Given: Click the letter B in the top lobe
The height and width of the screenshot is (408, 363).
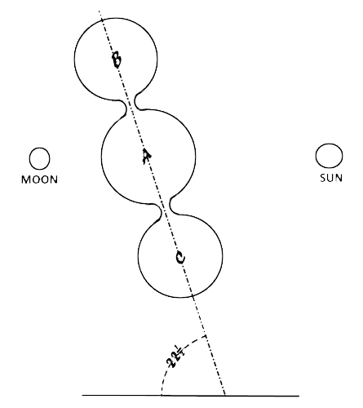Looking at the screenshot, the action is (x=117, y=60).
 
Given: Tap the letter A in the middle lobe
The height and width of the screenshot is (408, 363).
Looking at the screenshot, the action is (x=147, y=157).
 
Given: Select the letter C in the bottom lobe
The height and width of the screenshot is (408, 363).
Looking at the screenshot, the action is (x=180, y=258).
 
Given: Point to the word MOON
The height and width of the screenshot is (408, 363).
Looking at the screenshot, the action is (x=40, y=180).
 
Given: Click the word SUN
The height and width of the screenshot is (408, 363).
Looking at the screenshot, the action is (x=331, y=178).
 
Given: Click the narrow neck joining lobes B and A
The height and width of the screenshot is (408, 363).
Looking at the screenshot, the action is (x=131, y=104).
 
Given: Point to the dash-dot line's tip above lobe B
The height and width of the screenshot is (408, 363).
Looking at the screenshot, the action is (x=99, y=11).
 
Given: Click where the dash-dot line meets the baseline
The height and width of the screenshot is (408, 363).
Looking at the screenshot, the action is (x=225, y=395).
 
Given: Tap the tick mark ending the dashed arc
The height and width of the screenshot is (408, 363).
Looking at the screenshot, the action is (x=205, y=337).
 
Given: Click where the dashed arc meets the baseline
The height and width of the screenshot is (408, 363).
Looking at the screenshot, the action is (x=162, y=395).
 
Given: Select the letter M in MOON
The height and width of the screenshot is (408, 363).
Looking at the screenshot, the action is (x=25, y=180).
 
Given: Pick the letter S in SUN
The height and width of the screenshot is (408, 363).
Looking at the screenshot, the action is (x=323, y=178).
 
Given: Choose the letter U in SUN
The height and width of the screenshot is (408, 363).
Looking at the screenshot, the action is (x=330, y=178).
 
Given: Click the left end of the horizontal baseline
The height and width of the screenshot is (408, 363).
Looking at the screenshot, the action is (x=82, y=395).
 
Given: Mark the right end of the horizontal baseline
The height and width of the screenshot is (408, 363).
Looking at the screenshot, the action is (x=299, y=396).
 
